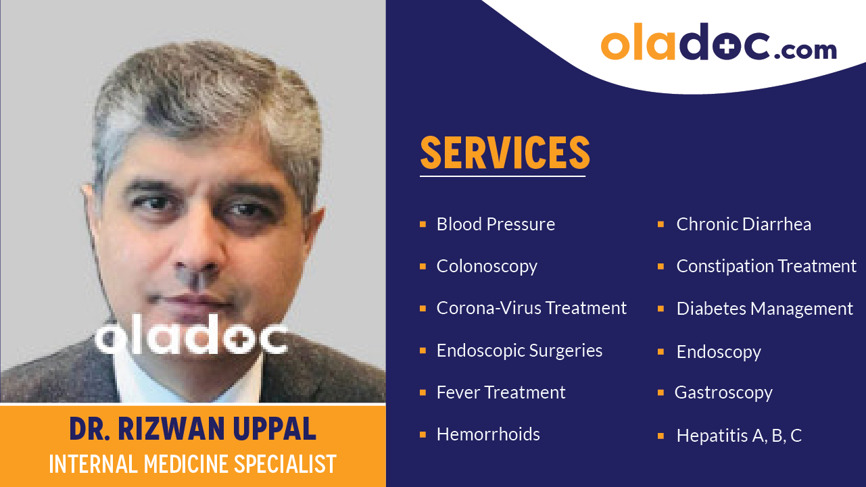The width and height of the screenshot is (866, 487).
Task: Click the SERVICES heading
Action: [505, 153]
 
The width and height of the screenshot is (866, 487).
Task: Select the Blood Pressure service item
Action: [496, 224]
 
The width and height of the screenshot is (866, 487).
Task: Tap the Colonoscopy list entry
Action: [487, 266]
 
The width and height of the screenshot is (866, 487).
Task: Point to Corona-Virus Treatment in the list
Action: [531, 308]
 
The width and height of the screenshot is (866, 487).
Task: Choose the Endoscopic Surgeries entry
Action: [519, 351]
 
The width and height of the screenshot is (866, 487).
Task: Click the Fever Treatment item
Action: [501, 392]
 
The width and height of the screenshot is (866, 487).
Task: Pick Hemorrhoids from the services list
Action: [488, 434]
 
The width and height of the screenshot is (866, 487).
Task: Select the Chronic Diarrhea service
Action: [744, 224]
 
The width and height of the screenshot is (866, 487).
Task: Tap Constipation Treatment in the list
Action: [766, 266]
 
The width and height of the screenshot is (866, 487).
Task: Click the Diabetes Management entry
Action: [765, 309]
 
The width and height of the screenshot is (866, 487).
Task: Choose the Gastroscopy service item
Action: [723, 392]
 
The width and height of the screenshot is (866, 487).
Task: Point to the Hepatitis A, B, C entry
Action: [739, 436]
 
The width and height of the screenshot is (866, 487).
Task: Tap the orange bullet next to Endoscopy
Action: [661, 352]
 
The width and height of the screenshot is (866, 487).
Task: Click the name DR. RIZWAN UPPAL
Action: [193, 430]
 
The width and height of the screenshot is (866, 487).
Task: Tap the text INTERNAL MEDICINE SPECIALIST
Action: [193, 464]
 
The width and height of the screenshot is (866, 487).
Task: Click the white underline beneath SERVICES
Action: [502, 176]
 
